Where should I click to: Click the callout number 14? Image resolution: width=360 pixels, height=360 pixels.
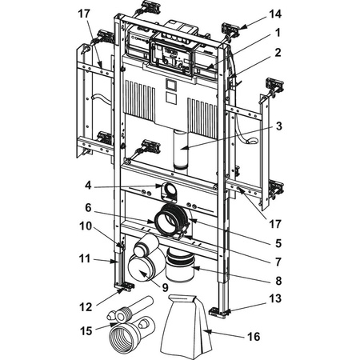[275, 14]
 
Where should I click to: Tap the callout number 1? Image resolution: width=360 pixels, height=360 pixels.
[278, 33]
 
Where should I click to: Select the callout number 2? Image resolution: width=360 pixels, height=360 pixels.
[278, 53]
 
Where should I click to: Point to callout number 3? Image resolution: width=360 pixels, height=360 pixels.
[278, 126]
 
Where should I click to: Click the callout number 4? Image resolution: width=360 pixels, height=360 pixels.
[88, 185]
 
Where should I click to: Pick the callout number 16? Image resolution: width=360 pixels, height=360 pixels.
[254, 337]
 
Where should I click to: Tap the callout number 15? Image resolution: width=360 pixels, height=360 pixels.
[86, 331]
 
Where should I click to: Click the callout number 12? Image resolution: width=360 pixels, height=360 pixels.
[86, 307]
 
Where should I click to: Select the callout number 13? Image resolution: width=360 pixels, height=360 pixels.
[275, 298]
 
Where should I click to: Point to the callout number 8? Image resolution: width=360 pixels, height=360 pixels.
[278, 281]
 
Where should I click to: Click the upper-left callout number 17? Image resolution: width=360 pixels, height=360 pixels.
[84, 14]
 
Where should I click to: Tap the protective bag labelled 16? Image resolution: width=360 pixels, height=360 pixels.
[186, 326]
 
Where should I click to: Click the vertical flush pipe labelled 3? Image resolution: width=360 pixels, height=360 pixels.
[181, 150]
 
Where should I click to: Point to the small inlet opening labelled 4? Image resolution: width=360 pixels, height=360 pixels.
[168, 190]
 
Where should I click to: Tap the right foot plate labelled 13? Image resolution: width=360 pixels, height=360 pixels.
[219, 311]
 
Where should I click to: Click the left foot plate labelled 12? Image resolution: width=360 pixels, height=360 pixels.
[124, 286]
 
